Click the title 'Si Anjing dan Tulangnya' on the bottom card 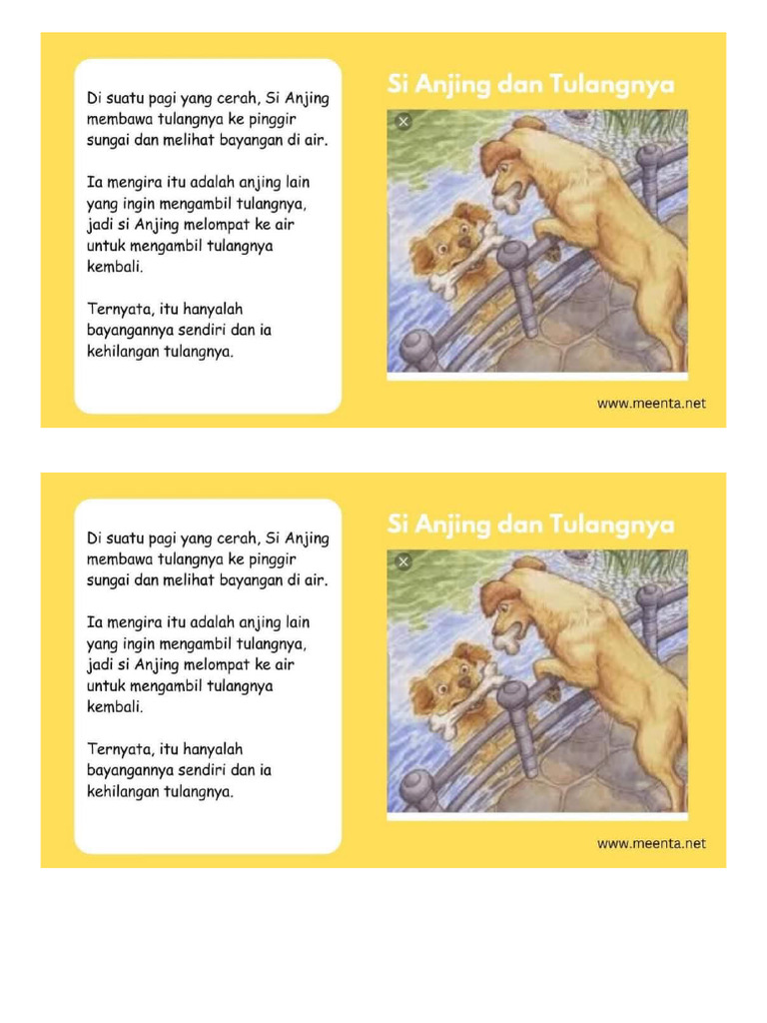pyautogui.click(x=530, y=524)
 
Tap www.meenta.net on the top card pyautogui.click(x=651, y=404)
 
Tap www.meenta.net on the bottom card pyautogui.click(x=651, y=843)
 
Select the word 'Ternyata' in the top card pyautogui.click(x=120, y=310)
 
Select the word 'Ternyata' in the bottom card pyautogui.click(x=120, y=749)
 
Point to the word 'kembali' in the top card pyautogui.click(x=115, y=268)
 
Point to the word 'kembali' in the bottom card pyautogui.click(x=115, y=707)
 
